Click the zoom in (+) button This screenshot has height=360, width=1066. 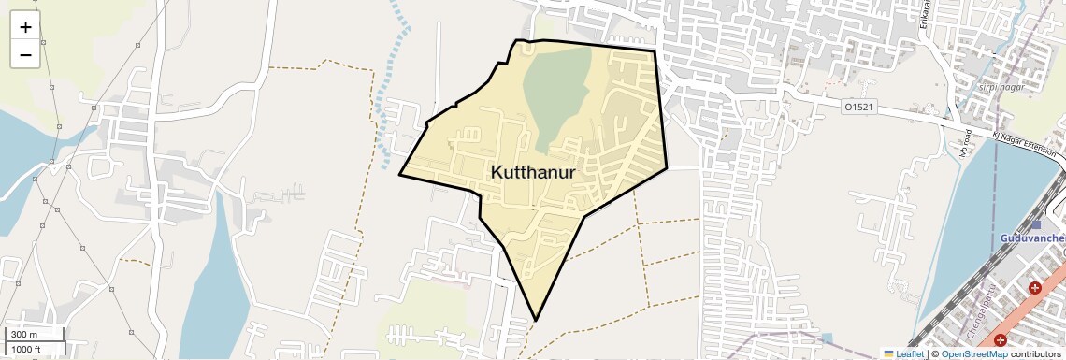[25, 27]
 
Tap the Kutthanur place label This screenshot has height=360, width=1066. [531, 173]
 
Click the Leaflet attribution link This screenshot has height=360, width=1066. [909, 354]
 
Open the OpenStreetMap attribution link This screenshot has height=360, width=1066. [973, 354]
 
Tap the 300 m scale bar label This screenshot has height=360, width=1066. [24, 335]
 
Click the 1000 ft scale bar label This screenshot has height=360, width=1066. [26, 349]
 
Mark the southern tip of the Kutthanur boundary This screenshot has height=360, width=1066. [536, 321]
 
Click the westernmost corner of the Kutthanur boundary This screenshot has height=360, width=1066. [400, 175]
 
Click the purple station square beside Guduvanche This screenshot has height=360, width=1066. [1036, 225]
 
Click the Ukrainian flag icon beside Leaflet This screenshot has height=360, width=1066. [888, 354]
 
